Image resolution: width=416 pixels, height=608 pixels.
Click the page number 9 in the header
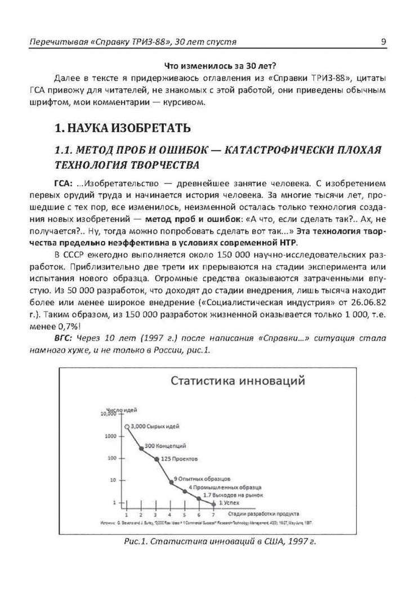click(383, 42)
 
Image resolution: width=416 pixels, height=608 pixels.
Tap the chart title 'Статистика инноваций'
click(239, 382)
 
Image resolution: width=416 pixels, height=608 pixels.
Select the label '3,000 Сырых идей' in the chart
click(151, 426)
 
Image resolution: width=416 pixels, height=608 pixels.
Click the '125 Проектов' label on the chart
click(177, 459)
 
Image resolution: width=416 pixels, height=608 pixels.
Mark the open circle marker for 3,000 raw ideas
click(127, 427)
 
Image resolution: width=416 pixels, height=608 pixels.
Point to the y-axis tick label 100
click(111, 458)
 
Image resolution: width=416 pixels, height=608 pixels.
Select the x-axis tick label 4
click(170, 514)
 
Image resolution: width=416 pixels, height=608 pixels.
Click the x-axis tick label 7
click(213, 514)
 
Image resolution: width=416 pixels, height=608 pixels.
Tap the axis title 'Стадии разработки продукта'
click(264, 514)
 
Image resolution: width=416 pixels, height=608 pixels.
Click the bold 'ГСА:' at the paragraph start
click(62, 183)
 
